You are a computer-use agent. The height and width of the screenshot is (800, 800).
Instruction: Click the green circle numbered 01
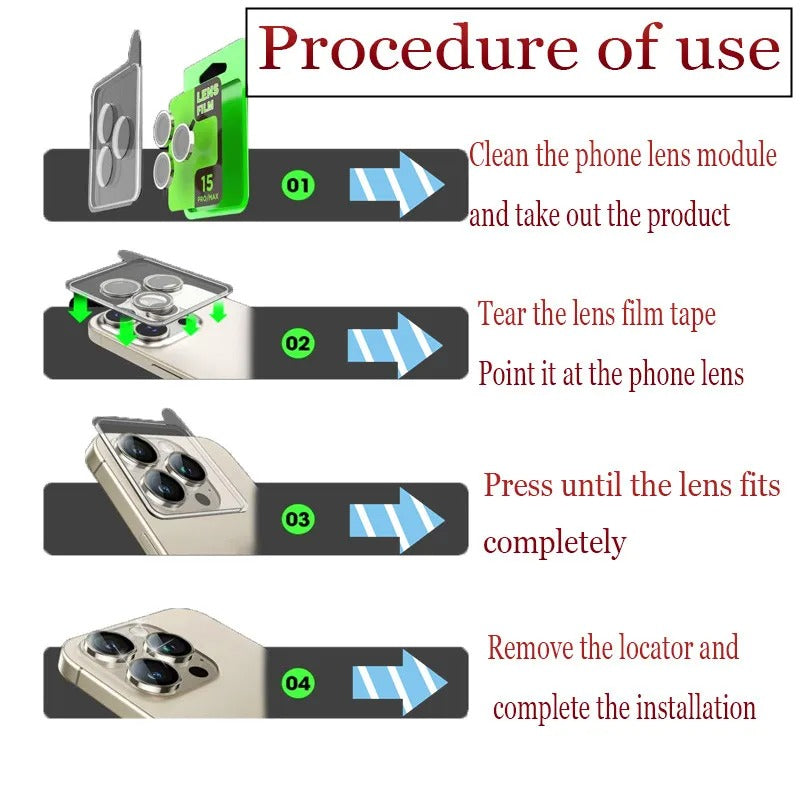pos(299,185)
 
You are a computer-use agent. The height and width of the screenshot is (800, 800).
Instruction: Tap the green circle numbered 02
pos(299,344)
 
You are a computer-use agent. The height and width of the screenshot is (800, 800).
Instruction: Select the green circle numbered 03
pos(298,519)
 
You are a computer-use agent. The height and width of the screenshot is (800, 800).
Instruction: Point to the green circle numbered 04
pos(298,684)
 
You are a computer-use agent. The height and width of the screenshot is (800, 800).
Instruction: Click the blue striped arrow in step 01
pos(396,184)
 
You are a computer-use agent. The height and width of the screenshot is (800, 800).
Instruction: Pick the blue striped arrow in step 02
pos(394,344)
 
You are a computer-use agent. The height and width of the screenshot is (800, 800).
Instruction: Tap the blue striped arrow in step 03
pos(396,519)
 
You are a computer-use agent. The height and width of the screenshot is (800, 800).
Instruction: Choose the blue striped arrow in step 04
pos(398,682)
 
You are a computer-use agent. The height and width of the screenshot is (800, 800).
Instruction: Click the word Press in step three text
pos(518,486)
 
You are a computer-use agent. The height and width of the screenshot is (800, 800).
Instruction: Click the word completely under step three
pos(554,543)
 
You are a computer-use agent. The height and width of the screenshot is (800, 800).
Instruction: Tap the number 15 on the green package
pos(207,183)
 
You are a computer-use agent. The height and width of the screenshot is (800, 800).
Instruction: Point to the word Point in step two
pos(502,374)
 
